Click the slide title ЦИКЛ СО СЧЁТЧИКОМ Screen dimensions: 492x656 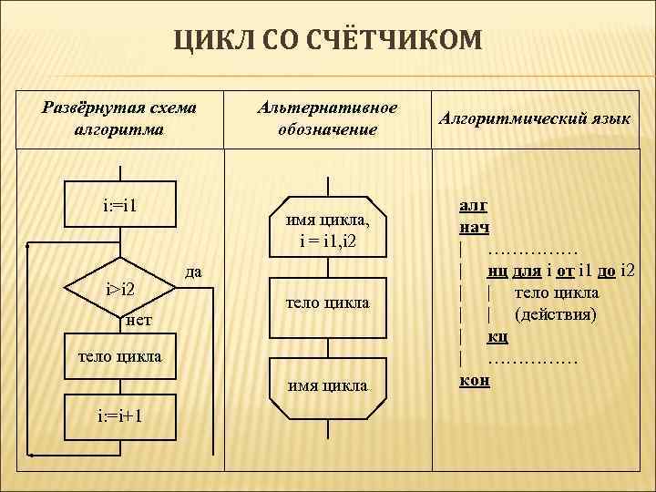coord(327,41)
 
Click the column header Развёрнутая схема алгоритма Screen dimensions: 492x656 coord(119,118)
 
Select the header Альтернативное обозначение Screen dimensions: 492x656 coord(327,118)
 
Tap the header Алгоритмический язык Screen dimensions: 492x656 coord(534,118)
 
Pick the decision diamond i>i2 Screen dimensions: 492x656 coord(119,290)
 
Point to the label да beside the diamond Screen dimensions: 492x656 coord(193,272)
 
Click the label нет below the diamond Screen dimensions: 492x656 coord(138,320)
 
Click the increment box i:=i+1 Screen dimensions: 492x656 coord(119,416)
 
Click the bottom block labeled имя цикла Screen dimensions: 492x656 coord(328,384)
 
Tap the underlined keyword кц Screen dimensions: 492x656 coord(497,336)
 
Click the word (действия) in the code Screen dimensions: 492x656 coord(556,314)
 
